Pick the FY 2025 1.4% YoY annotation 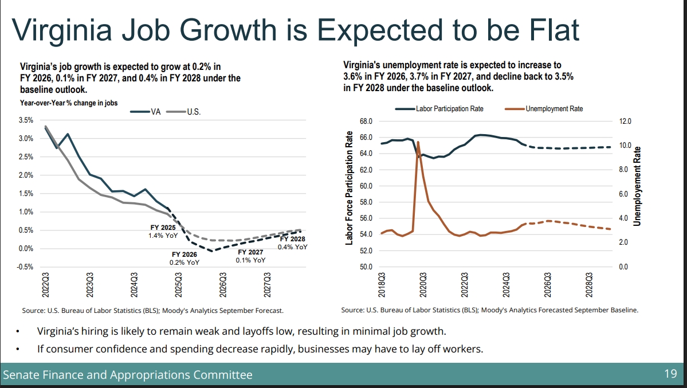coord(164,232)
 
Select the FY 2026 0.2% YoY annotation coord(184,258)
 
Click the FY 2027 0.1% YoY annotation coord(250,256)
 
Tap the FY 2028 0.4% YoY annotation coord(292,243)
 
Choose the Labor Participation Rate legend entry coord(438,108)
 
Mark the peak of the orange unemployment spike coord(418,142)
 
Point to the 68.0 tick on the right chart coord(366,122)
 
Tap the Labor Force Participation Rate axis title coord(349,188)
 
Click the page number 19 coord(670,375)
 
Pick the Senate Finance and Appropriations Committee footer coord(127,375)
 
